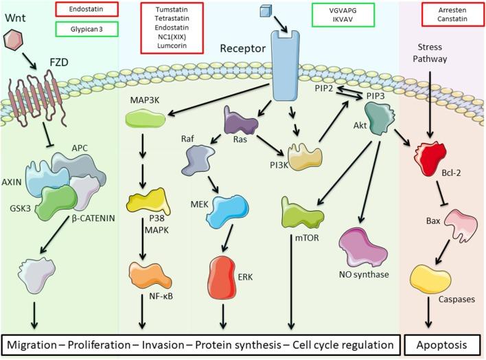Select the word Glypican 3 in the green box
pyautogui.click(x=84, y=29)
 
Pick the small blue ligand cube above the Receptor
pyautogui.click(x=266, y=11)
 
